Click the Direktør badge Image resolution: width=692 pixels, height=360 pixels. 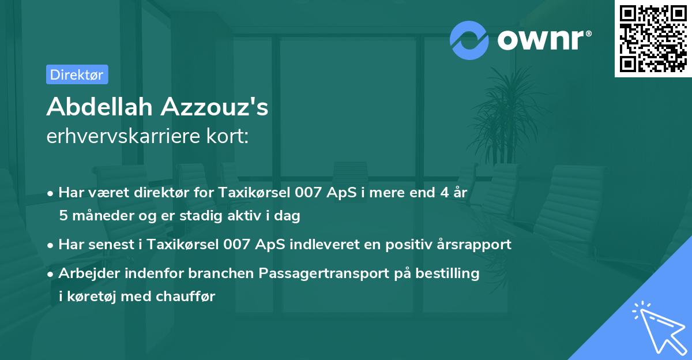point(77,74)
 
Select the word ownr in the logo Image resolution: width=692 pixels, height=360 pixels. point(543,40)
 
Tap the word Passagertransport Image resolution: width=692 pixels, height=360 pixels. point(328,273)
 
